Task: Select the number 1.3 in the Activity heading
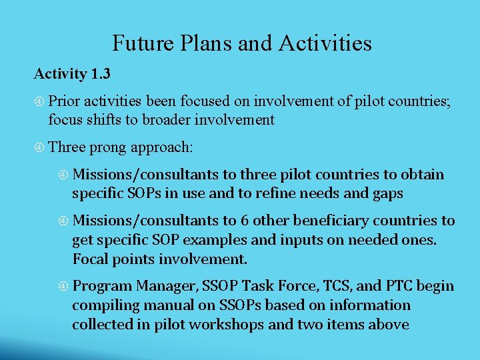click(99, 74)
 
